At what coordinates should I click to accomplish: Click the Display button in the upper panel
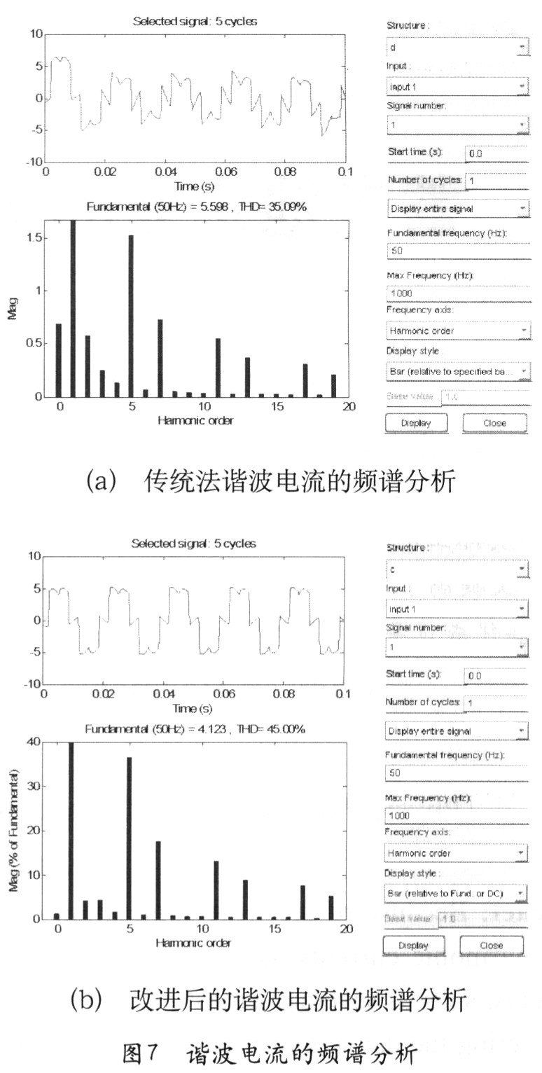tap(415, 423)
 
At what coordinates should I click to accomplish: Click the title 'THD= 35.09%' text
tap(275, 207)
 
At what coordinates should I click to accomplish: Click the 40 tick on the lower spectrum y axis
tap(32, 742)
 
